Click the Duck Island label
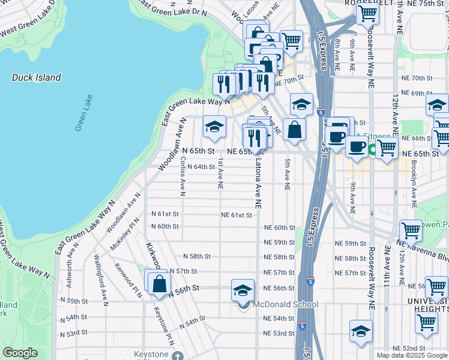coord(36,77)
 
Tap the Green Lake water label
coord(83,113)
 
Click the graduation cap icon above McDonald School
coord(242,290)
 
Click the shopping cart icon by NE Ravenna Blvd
coord(411,230)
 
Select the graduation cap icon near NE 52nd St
coord(361,331)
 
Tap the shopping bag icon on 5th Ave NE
coord(294,129)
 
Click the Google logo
coord(20,353)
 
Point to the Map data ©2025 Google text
coord(411,355)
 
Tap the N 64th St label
coord(201,167)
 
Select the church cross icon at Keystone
coord(176,356)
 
